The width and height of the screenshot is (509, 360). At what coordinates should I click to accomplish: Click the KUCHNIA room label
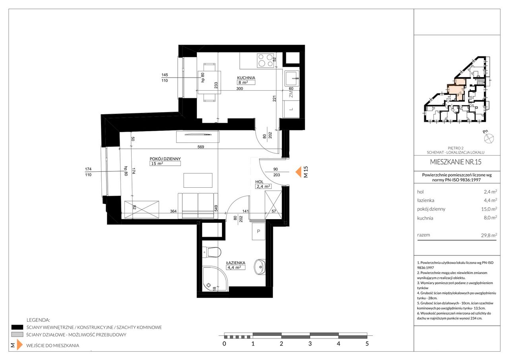246,78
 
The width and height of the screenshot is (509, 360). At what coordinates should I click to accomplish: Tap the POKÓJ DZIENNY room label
165,159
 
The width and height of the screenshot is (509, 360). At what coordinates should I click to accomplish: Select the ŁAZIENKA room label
236,263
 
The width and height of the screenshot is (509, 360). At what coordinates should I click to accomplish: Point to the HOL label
259,181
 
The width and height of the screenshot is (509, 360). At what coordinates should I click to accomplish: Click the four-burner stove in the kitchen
265,60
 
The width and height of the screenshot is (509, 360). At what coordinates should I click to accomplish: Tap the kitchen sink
292,79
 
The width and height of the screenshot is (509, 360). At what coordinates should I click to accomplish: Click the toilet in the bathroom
212,252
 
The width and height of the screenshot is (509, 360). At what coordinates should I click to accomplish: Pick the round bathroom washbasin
260,267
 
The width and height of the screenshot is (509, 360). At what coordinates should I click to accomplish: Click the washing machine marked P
258,232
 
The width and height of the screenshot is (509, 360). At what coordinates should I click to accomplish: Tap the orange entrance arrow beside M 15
298,172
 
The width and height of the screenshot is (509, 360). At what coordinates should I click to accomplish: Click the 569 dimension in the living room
201,147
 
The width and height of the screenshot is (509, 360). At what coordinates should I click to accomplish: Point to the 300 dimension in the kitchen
239,88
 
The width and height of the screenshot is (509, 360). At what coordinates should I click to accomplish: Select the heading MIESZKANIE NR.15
456,162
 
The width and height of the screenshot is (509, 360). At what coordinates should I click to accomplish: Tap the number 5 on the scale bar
367,343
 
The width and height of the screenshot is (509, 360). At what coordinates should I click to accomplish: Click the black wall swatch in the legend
17,327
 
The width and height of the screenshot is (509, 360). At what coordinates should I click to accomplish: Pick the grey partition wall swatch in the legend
17,335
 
